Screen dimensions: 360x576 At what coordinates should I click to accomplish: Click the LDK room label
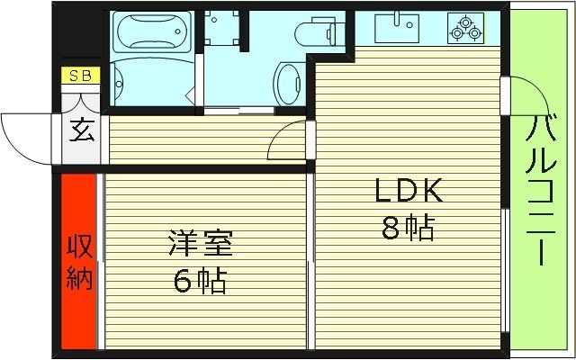tap(408, 191)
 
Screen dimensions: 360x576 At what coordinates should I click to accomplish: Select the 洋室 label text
tap(200, 245)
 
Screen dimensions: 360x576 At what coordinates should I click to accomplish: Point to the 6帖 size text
tap(200, 282)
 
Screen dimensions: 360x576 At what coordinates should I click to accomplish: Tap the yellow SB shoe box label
tap(80, 76)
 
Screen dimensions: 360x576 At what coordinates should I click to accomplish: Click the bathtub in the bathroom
tap(151, 31)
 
